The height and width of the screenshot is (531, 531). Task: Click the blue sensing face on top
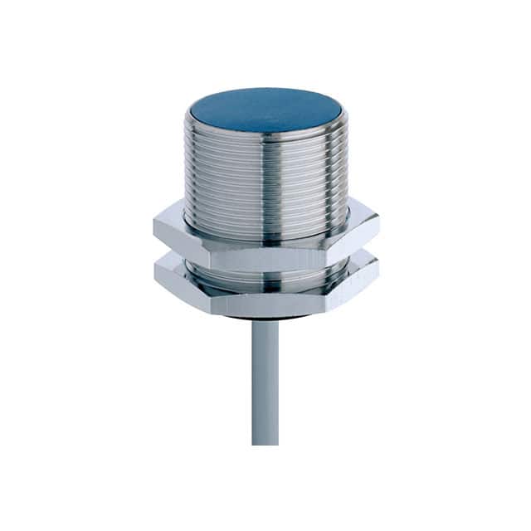[x=265, y=109]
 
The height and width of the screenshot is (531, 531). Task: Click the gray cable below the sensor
[x=265, y=373]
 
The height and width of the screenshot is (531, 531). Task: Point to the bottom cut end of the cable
[x=265, y=443]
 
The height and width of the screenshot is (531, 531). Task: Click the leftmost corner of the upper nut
[x=154, y=225]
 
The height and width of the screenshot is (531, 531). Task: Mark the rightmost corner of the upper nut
[x=379, y=225]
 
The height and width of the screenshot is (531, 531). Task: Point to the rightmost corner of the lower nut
[x=378, y=270]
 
